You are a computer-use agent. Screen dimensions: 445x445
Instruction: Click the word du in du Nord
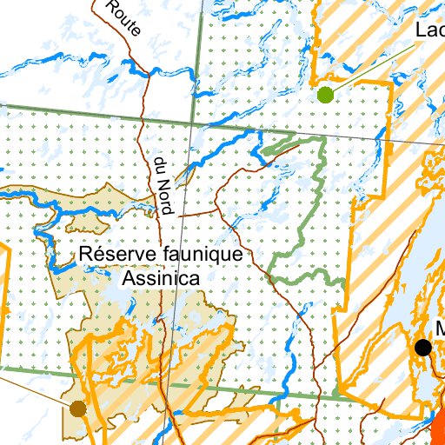click(159, 165)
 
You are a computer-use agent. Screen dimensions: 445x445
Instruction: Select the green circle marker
click(325, 94)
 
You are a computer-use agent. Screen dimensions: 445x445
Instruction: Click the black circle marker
click(423, 348)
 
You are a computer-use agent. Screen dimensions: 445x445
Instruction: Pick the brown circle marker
click(78, 408)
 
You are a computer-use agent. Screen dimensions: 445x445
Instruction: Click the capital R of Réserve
click(85, 255)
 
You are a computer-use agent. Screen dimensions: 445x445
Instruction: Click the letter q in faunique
click(215, 256)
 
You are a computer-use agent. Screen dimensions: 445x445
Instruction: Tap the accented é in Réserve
click(96, 255)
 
